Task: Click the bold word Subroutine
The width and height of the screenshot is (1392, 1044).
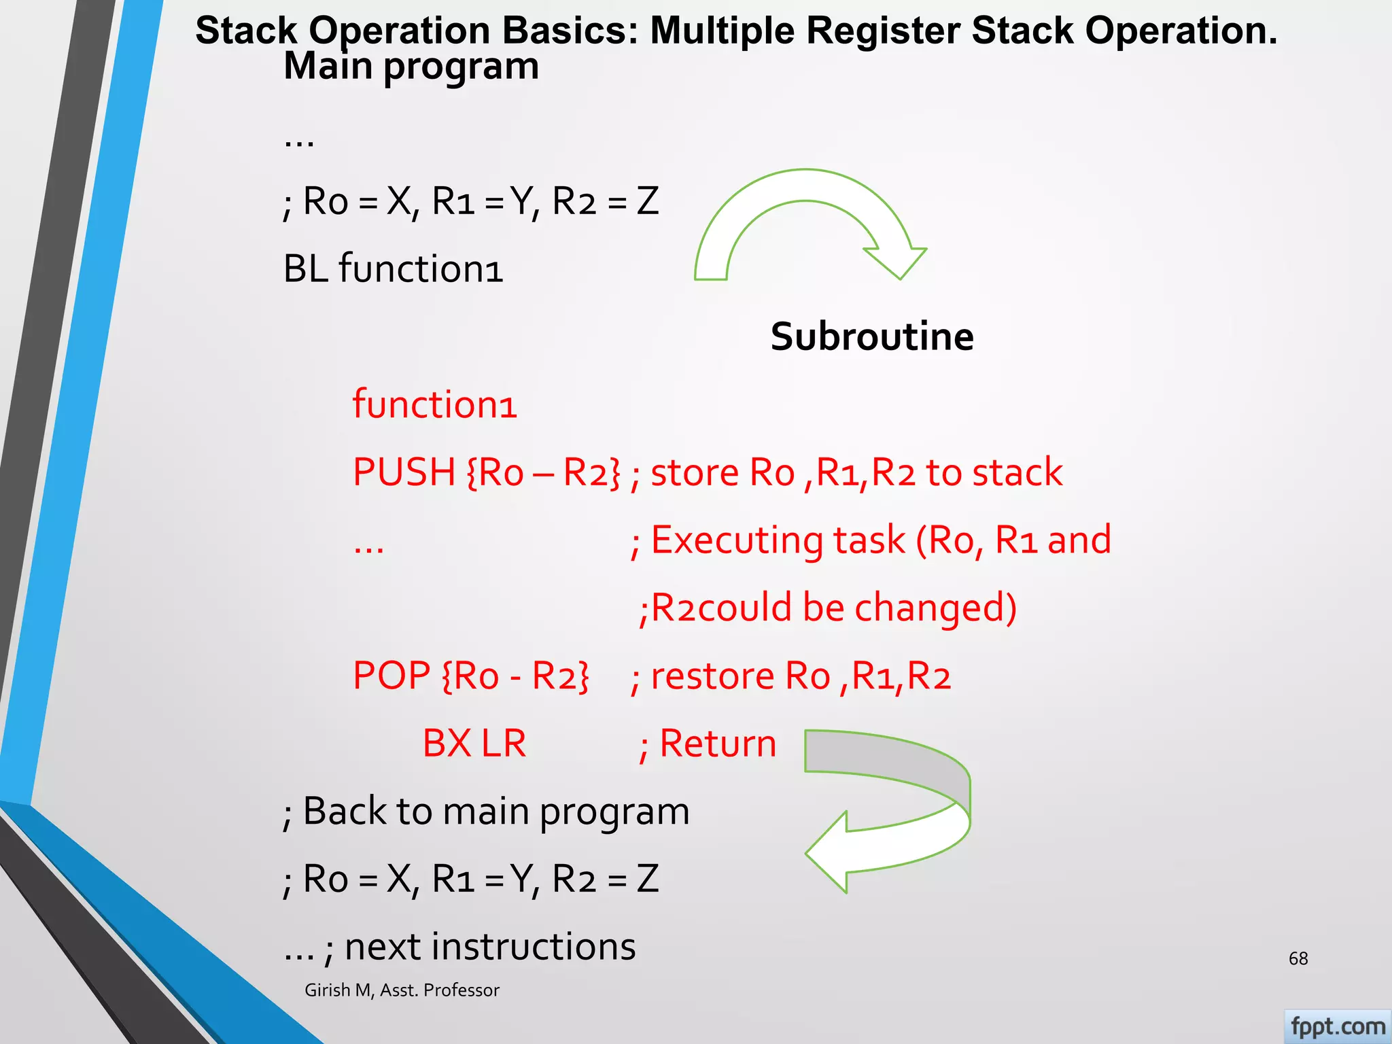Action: (x=871, y=337)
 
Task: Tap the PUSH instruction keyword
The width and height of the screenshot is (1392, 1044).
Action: (x=404, y=472)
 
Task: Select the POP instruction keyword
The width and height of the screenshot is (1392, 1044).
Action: (x=391, y=676)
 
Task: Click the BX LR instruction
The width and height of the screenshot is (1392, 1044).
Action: (x=474, y=744)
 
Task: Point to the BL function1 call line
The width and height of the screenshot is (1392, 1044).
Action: (x=393, y=269)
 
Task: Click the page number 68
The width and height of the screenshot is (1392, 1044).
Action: (x=1298, y=958)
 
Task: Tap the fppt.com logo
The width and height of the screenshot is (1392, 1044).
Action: (x=1337, y=1026)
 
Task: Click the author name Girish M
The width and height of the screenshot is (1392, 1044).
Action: (x=338, y=990)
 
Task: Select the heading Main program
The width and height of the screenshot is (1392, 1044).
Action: (x=411, y=67)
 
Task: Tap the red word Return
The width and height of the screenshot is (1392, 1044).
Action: (x=718, y=744)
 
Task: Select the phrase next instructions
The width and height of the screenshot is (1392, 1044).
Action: (x=489, y=947)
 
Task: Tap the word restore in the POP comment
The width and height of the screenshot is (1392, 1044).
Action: (x=712, y=677)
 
